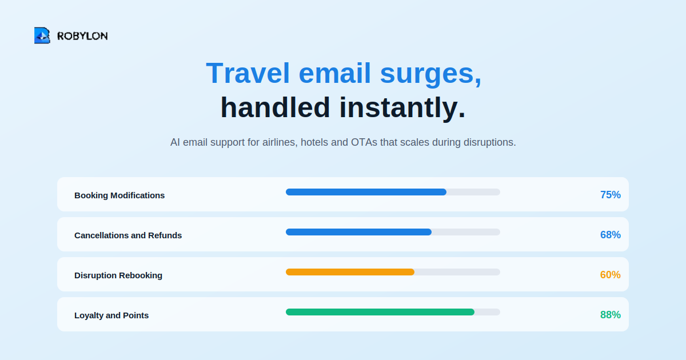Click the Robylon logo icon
[x=42, y=35]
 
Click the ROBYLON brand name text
[x=82, y=36]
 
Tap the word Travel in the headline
[x=248, y=73]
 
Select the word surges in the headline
[x=431, y=75]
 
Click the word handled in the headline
[x=275, y=107]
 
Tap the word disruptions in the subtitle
[x=490, y=142]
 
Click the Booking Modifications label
[x=119, y=195]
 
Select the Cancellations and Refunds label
[x=128, y=235]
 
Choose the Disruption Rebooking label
[x=118, y=275]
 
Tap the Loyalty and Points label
[x=111, y=315]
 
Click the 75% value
[x=611, y=195]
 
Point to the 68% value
[x=611, y=235]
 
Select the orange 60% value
[x=611, y=275]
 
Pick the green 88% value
[x=611, y=315]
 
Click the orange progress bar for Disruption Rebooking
[x=350, y=272]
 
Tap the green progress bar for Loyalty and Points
[x=380, y=312]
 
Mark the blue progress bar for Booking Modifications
[x=366, y=192]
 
